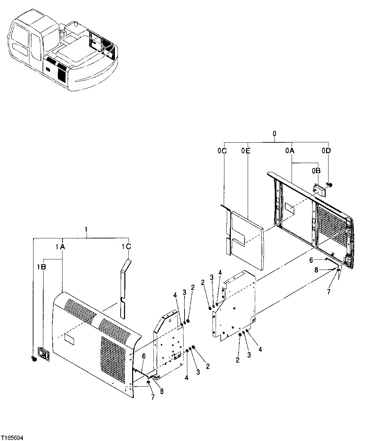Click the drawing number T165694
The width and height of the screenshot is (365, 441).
point(13,438)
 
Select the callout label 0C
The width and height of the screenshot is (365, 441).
point(222,151)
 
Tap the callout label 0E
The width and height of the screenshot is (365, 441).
point(246,151)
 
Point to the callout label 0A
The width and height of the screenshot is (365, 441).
point(290,151)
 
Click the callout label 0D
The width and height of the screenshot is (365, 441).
point(326,151)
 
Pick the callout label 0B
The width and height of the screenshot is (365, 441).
point(316,171)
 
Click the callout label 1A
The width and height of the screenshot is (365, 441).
point(60,247)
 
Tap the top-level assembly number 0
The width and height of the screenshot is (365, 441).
point(274,134)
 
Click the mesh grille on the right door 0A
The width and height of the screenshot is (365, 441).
point(333,227)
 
